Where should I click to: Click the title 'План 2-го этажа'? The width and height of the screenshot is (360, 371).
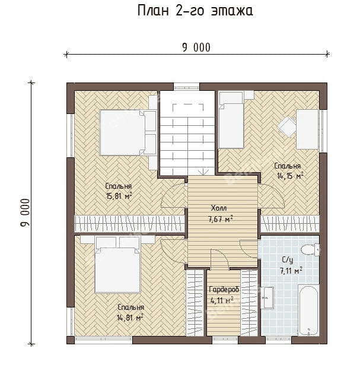pos(195,11)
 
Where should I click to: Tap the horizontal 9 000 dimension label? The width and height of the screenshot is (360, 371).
pos(196,47)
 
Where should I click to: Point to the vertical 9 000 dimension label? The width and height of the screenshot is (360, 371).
pos(26,213)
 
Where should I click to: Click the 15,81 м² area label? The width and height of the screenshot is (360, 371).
pos(119,196)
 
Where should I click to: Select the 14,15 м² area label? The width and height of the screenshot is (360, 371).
pos(290,176)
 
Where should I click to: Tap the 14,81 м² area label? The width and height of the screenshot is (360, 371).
pos(130,318)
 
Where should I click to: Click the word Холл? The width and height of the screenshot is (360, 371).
pos(219,208)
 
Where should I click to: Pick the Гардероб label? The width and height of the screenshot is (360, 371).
pos(224,289)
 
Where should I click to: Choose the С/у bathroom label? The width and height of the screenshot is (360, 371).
pos(288,260)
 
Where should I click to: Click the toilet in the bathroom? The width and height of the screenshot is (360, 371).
pos(310,250)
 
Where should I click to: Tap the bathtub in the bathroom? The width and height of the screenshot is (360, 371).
pos(308,310)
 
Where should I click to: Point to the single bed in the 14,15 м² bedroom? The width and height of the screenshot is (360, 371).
pos(231,120)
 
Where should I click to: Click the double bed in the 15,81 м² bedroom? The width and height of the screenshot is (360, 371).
pos(128,132)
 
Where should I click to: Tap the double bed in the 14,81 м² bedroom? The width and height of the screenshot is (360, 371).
pos(117,265)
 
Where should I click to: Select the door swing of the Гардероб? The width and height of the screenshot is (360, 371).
pos(220,259)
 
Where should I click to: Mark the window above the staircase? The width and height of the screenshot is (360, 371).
pos(186,86)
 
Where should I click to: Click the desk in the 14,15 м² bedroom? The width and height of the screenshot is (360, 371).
pos(308,129)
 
